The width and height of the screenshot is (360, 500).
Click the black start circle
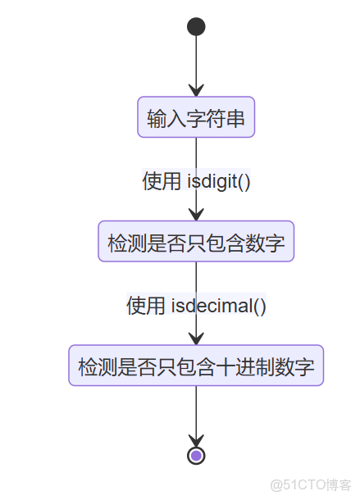click(196, 27)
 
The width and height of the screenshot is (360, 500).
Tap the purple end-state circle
click(196, 455)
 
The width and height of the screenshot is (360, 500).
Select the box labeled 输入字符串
click(196, 118)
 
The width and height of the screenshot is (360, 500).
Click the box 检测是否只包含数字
click(196, 242)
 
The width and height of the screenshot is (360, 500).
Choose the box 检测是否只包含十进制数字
click(196, 366)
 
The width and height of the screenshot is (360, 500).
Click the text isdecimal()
click(219, 306)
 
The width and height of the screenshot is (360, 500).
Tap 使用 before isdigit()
click(162, 181)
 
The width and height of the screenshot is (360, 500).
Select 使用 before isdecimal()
click(146, 306)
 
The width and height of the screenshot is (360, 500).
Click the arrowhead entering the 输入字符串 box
click(196, 90)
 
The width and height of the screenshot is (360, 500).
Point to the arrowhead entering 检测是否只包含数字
click(196, 214)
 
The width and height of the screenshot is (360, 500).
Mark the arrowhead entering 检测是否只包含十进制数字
click(196, 338)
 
